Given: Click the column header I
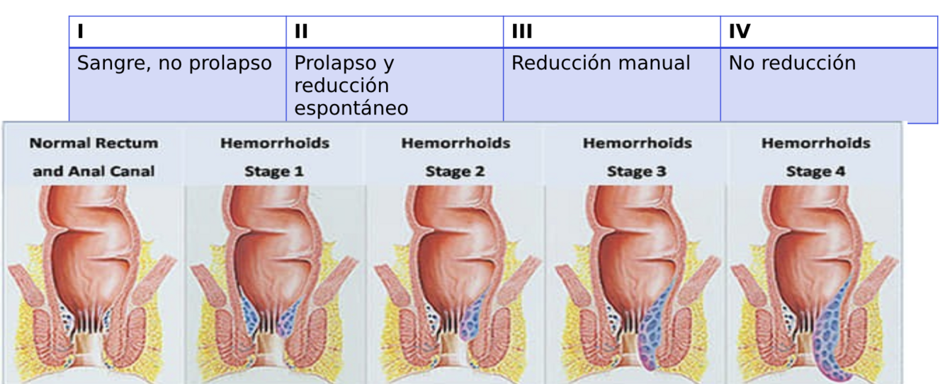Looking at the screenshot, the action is (x=79, y=31).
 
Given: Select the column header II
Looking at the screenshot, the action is (x=300, y=31).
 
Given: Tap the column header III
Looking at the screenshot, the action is (x=522, y=31).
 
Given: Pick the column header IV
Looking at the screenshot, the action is (x=740, y=31).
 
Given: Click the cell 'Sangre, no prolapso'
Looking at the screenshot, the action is (x=174, y=64).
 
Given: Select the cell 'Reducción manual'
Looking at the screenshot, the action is (x=601, y=64).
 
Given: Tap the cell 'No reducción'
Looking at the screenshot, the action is (x=792, y=64).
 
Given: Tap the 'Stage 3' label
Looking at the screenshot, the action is (x=638, y=170).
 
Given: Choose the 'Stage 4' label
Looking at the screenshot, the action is (x=816, y=170).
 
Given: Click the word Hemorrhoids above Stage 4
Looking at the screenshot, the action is (x=816, y=144).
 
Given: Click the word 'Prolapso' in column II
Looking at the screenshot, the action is (x=330, y=64).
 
